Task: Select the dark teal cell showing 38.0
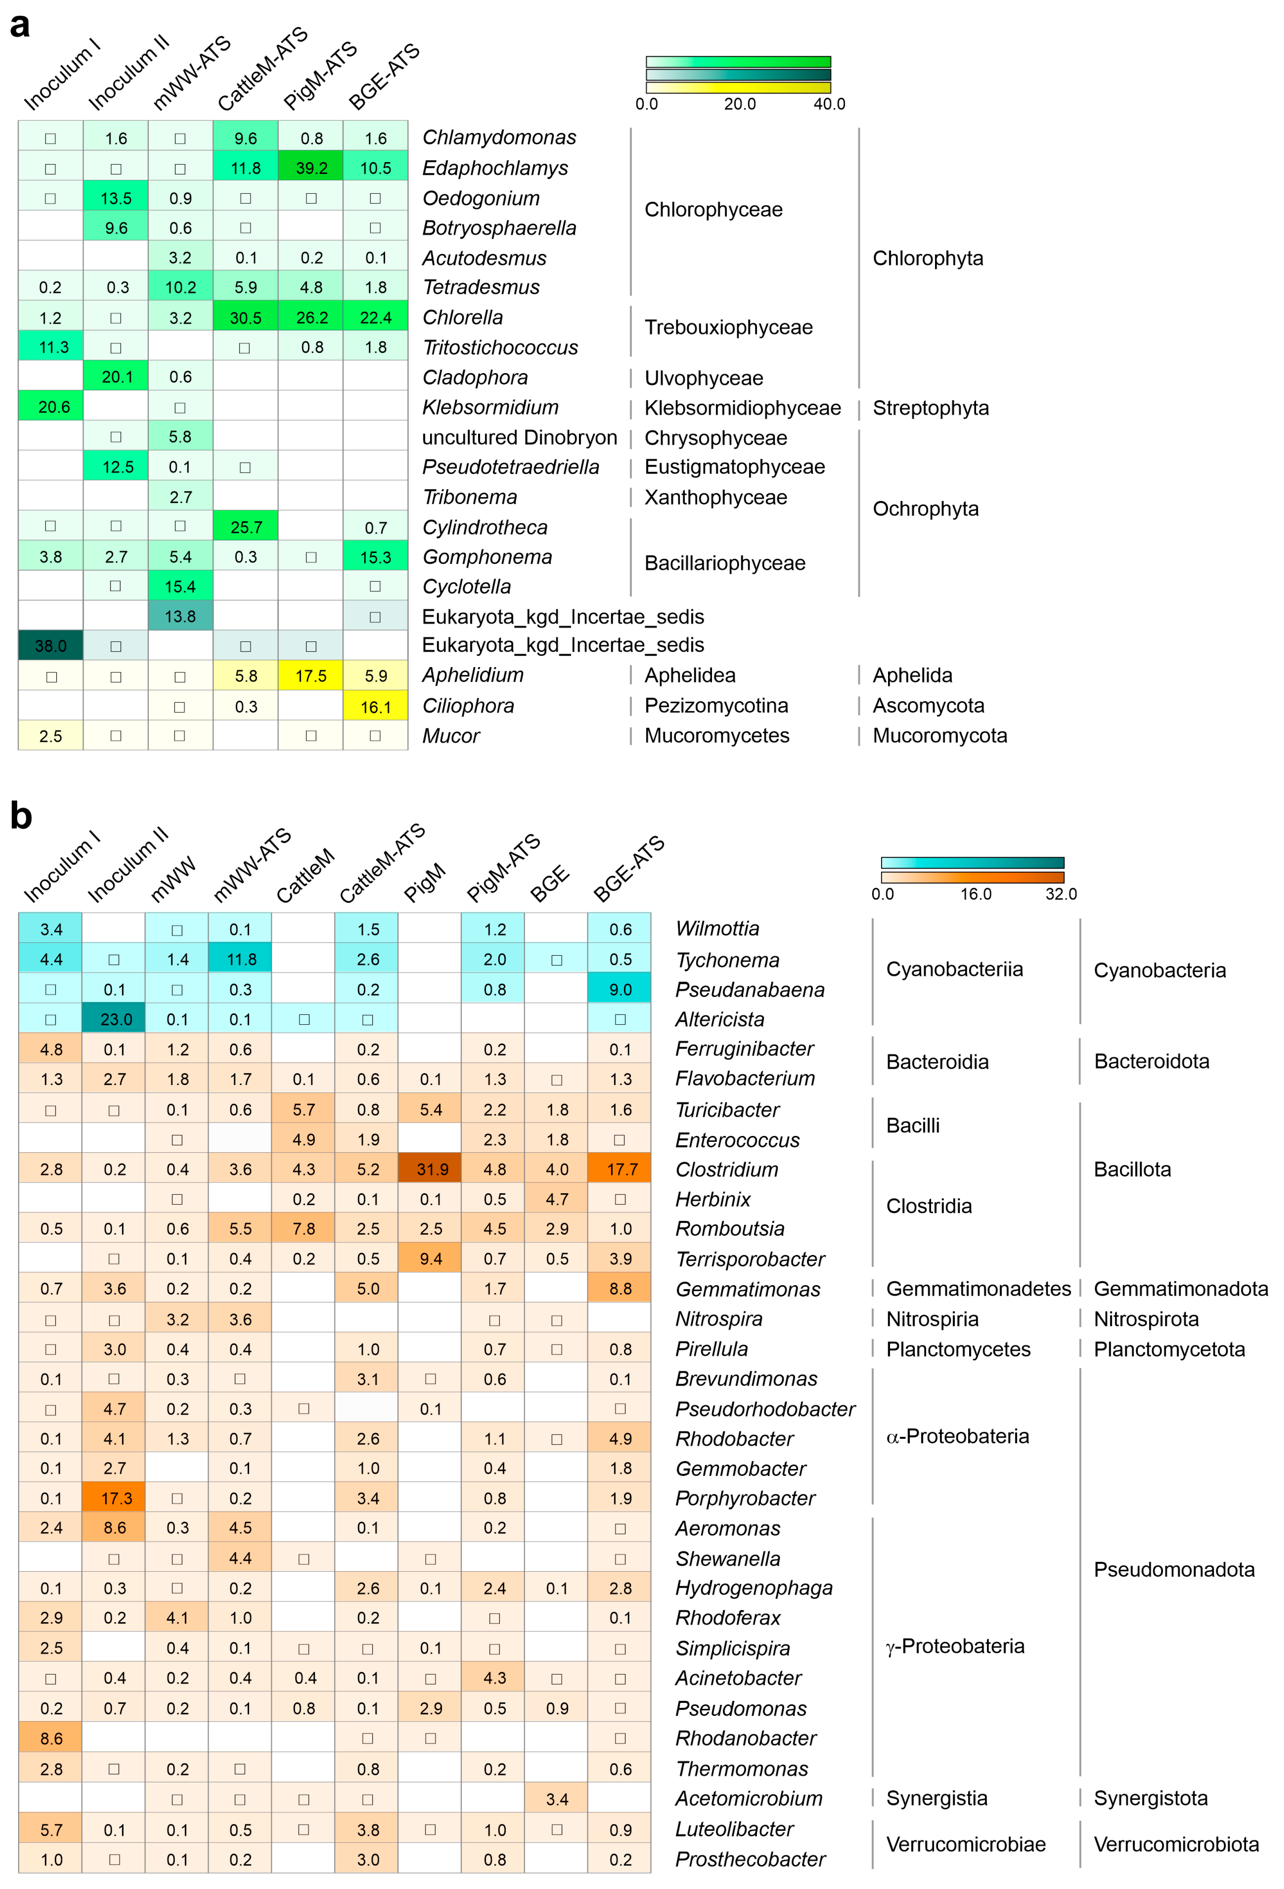pos(50,645)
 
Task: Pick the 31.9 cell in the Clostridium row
pos(431,1169)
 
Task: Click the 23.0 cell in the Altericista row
pos(114,1019)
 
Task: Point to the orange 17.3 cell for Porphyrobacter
pos(114,1498)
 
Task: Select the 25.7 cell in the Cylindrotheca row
pos(245,527)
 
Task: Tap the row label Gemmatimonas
pos(748,1289)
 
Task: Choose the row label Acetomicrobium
pos(748,1799)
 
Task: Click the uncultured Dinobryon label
pos(519,437)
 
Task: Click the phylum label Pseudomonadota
pos(1173,1569)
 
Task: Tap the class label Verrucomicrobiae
pos(966,1844)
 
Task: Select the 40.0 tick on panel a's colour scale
pos(829,104)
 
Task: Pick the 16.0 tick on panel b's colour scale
pos(975,894)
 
